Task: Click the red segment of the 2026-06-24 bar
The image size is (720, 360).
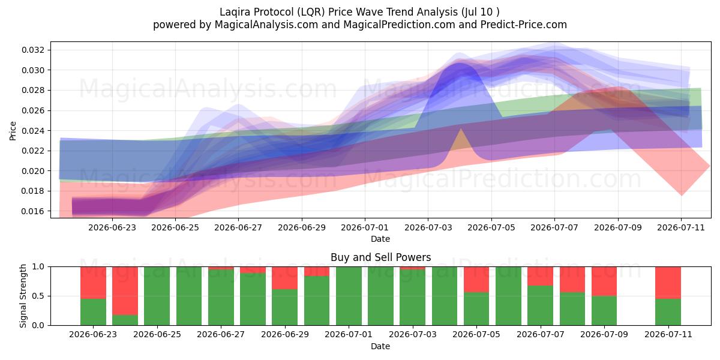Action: tap(125, 291)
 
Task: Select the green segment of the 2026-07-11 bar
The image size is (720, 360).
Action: tap(668, 312)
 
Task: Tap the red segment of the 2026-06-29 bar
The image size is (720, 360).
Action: tap(284, 278)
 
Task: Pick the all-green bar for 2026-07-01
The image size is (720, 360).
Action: tap(349, 296)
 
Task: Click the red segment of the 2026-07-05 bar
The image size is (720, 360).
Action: tap(476, 280)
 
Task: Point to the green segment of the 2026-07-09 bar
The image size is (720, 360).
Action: tap(604, 311)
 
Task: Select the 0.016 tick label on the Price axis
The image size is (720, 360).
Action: tap(32, 211)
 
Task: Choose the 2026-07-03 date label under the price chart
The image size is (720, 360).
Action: tap(428, 228)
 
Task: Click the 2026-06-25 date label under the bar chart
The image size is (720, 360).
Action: tap(157, 335)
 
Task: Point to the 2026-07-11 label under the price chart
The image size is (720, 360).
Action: tap(681, 228)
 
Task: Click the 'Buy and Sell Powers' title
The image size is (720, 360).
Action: tap(380, 257)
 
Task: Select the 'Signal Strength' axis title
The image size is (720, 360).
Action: tap(23, 296)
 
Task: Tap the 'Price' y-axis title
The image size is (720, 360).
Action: tap(13, 131)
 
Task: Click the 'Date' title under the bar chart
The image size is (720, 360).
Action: tap(380, 346)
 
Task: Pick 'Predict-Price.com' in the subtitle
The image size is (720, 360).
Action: tap(524, 25)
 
